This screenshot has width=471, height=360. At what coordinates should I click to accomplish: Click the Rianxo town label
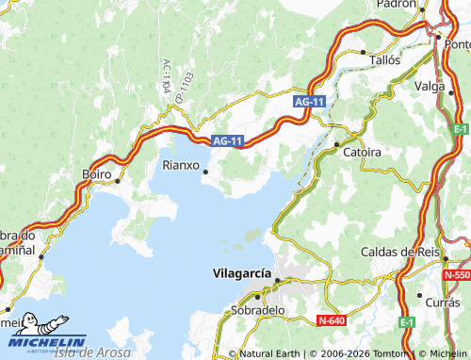pos(180,165)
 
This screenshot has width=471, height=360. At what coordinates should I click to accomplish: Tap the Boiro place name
pos(96,174)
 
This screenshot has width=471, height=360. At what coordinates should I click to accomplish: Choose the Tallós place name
pos(383,58)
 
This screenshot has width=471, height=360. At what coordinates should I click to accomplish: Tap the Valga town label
pos(430,86)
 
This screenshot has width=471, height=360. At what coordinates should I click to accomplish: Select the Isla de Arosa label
pos(91,352)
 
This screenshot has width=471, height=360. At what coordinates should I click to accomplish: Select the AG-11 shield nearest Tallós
pos(308,101)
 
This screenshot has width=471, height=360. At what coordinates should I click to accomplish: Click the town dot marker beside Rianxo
pos(206,172)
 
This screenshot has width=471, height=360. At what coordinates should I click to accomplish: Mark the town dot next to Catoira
pos(336,144)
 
